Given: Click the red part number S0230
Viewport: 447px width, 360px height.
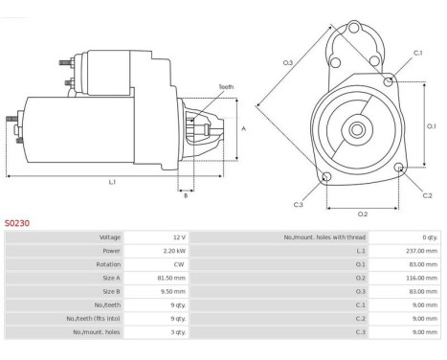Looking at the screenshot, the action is click(17, 223).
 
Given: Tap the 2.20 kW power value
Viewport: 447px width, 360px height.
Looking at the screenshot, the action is click(174, 251).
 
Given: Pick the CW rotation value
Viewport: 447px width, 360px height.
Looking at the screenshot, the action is click(179, 264).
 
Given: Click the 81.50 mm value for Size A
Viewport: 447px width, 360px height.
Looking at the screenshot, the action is click(171, 278).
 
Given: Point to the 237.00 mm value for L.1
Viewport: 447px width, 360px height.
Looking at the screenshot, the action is click(421, 251).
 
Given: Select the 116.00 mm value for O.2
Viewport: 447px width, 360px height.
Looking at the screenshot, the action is click(421, 278).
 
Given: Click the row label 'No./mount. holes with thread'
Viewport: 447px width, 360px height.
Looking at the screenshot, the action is click(324, 237).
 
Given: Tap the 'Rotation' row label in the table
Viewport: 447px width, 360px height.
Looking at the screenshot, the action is click(108, 264).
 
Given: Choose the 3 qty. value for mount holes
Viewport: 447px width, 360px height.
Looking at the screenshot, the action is click(178, 332).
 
